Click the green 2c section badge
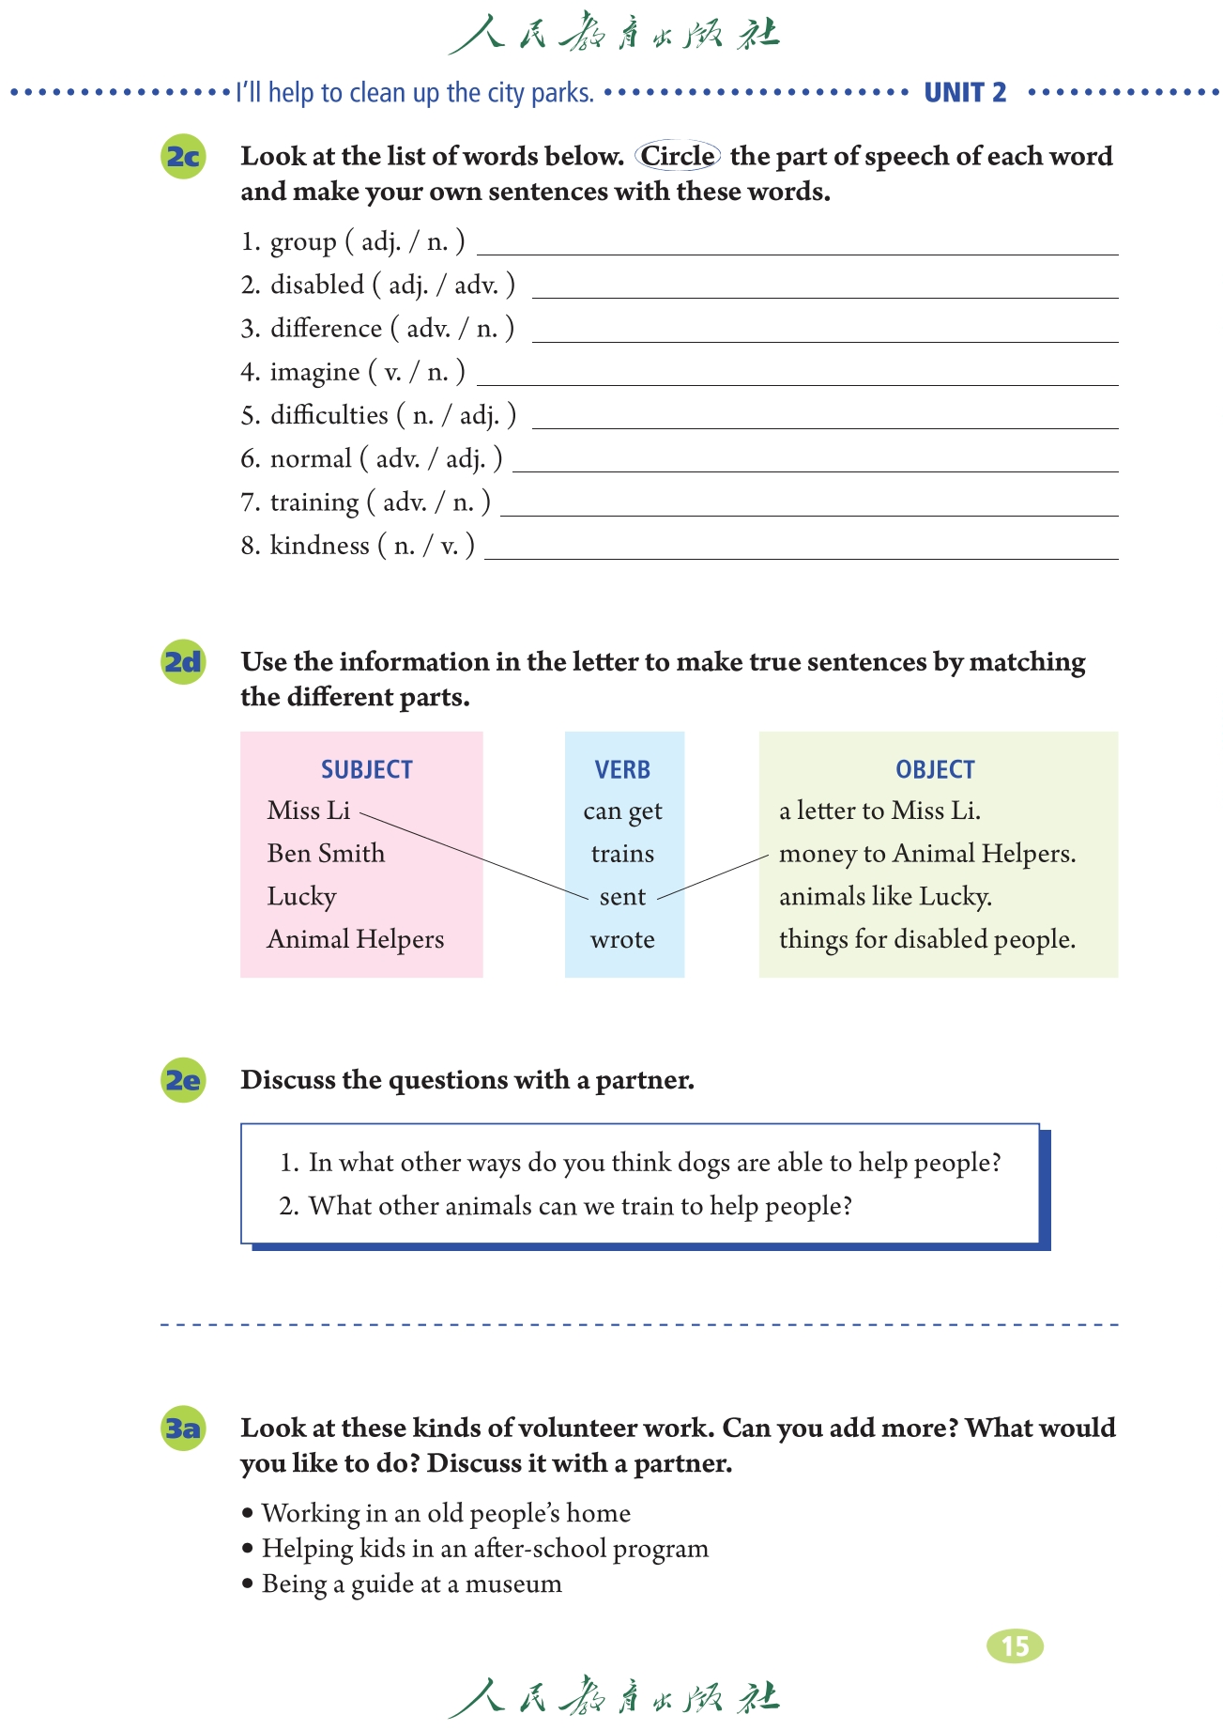click(x=183, y=156)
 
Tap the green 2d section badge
click(x=183, y=662)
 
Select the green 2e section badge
click(x=183, y=1080)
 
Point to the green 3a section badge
click(x=183, y=1429)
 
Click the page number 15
click(x=1015, y=1645)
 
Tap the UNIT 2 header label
click(x=965, y=92)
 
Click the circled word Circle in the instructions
click(x=678, y=156)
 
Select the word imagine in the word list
click(x=314, y=373)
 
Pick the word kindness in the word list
click(x=319, y=546)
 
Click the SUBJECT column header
click(x=366, y=769)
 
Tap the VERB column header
click(x=622, y=769)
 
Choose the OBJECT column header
click(x=935, y=769)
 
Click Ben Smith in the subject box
click(x=326, y=853)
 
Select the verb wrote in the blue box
click(x=622, y=939)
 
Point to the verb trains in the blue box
click(x=622, y=854)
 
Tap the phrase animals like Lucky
click(x=885, y=896)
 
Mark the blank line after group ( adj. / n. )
click(x=798, y=252)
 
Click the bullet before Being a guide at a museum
click(x=248, y=1583)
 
